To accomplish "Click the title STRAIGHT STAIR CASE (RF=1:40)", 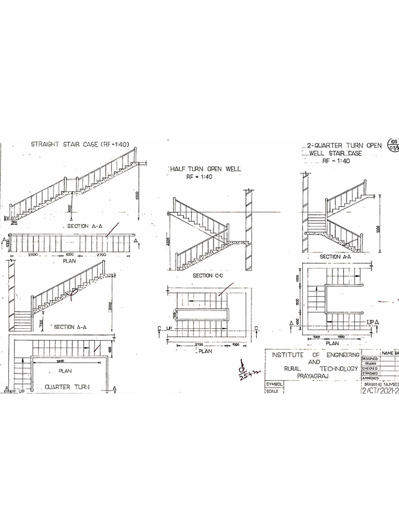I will pos(80,144).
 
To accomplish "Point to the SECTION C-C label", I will pos(207,275).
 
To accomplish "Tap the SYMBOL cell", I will pos(275,384).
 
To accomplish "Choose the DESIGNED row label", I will pos(369,358).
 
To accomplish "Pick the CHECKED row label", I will pos(369,368).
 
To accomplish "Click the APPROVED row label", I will pos(369,379).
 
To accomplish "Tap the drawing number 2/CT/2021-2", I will pos(380,392).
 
